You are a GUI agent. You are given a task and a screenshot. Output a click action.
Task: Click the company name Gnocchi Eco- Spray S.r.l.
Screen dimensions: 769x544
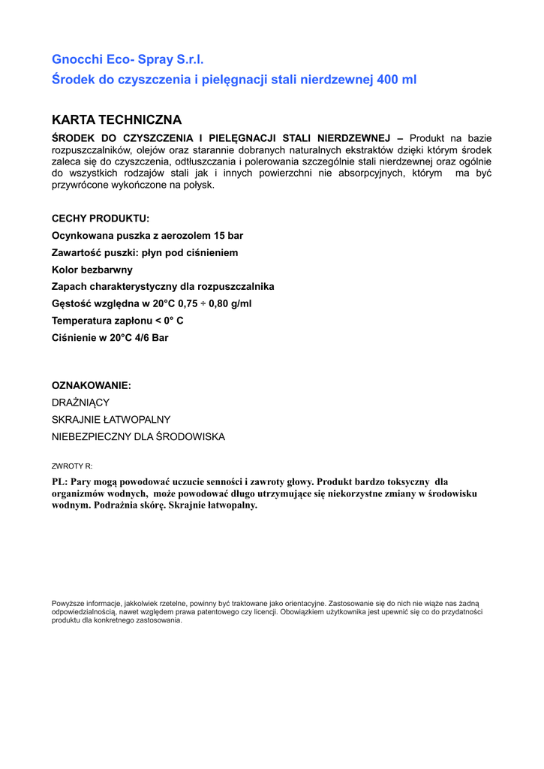(x=128, y=59)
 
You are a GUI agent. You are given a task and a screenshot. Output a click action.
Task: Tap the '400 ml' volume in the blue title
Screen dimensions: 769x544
(x=397, y=80)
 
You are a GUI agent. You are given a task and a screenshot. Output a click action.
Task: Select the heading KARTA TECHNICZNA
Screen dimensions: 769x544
(x=116, y=120)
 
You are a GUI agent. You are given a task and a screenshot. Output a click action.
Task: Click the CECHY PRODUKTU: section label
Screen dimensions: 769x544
(x=101, y=219)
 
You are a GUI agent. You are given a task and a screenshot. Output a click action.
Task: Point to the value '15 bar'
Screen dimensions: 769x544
(x=227, y=236)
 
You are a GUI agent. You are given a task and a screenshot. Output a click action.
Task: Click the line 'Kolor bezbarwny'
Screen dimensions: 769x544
(x=92, y=270)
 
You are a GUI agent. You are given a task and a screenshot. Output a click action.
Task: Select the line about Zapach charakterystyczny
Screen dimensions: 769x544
(x=163, y=287)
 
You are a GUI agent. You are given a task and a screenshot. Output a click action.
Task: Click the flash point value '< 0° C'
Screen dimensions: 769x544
(x=169, y=321)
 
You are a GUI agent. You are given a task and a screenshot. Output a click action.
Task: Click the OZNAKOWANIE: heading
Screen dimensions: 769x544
(x=92, y=385)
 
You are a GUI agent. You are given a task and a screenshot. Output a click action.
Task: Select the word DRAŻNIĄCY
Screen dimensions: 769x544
(x=80, y=403)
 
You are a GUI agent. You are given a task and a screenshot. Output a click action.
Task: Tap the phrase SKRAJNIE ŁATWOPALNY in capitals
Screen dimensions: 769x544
(x=111, y=420)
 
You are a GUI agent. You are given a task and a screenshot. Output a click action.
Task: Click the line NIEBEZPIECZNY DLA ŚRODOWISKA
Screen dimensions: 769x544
(x=138, y=437)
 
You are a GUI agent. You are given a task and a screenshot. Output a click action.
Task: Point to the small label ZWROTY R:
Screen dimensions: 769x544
(x=72, y=466)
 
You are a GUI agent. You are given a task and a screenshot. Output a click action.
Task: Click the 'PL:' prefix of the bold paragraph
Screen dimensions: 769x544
(x=59, y=481)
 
